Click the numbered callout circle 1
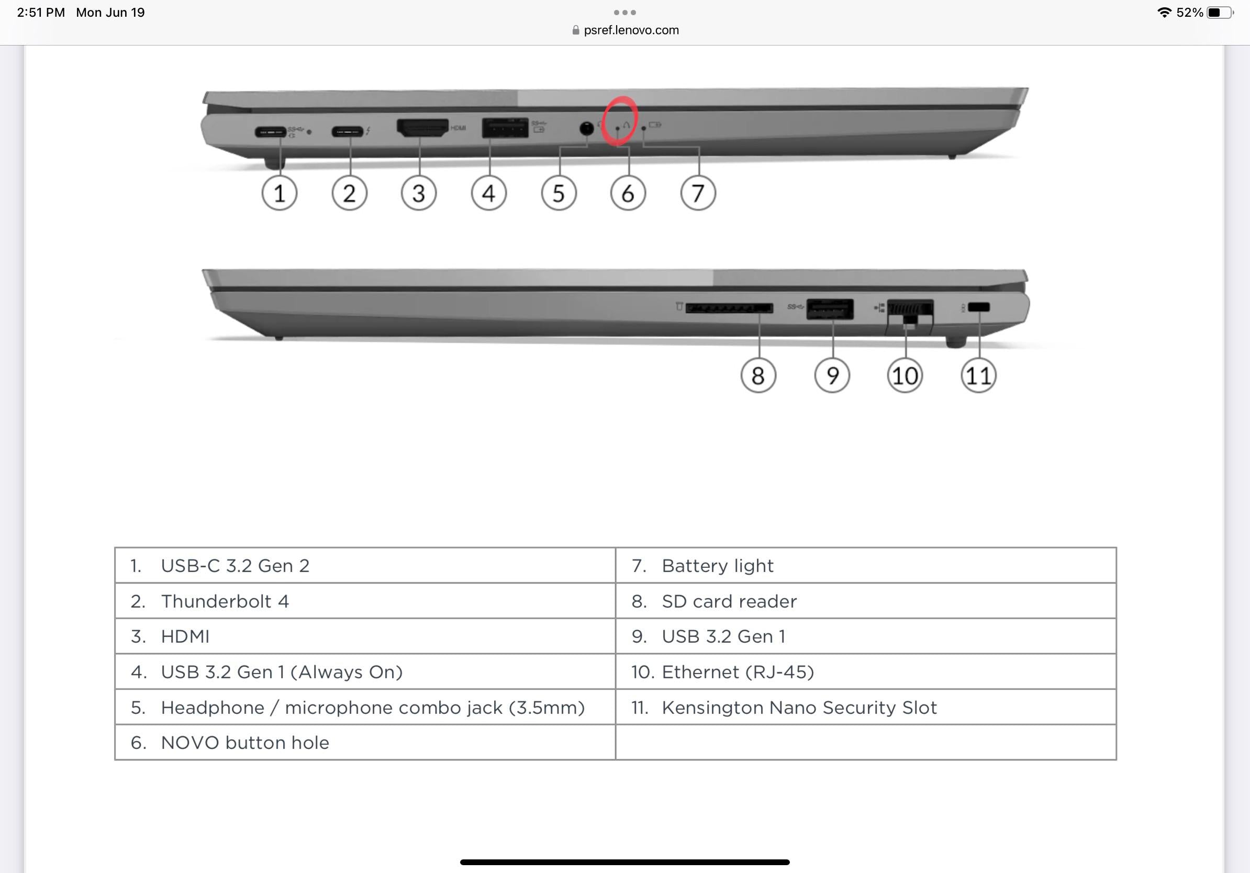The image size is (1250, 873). tap(280, 193)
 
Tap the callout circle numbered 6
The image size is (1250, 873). tap(628, 193)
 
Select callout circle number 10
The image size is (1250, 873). tap(905, 376)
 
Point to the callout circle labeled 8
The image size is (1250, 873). tap(758, 376)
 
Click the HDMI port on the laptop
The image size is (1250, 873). tap(422, 128)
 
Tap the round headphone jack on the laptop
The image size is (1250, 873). tap(586, 128)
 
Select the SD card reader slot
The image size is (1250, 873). tap(729, 308)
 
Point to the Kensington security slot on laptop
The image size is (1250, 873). tap(978, 308)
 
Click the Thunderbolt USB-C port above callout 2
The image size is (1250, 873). tap(348, 131)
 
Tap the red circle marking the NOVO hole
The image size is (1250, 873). tap(620, 121)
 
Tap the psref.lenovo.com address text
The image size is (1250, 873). tap(631, 30)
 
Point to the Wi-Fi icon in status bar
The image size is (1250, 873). tap(1164, 13)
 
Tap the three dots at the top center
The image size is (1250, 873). tap(624, 12)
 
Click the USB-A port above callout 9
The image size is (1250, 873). tap(830, 309)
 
